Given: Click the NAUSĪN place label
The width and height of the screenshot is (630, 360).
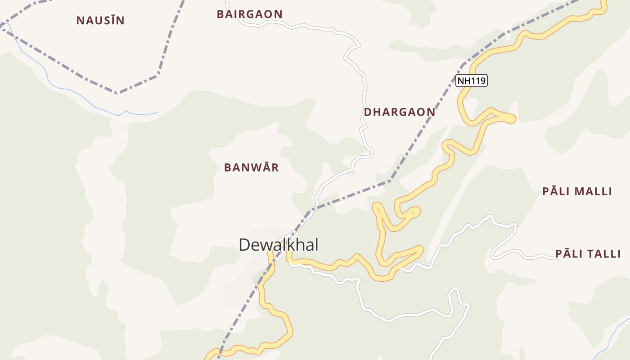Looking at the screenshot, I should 100,20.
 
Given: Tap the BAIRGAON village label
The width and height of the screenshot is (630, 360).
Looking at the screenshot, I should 250,14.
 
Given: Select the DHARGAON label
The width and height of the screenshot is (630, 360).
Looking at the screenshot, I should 400,112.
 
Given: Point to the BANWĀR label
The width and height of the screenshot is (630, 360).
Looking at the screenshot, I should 252,167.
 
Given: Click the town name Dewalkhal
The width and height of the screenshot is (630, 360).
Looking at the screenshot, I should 279,245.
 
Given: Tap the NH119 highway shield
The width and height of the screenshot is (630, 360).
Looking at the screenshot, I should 472,81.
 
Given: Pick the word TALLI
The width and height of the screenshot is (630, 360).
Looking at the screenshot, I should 602,254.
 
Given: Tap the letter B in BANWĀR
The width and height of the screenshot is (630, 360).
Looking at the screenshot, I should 228,167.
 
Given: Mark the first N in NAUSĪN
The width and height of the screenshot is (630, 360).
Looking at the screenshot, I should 80,20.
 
